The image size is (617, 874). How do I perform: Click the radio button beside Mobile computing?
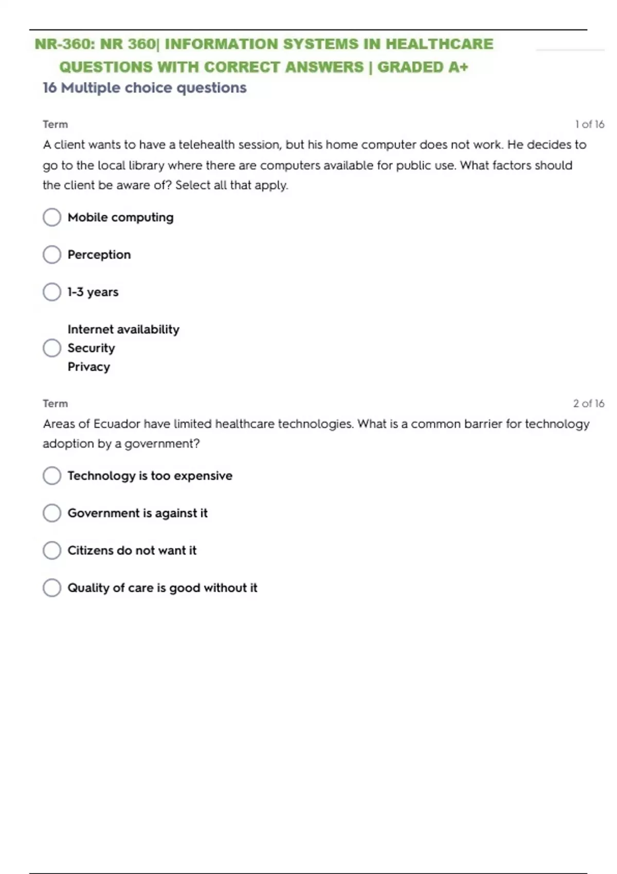point(52,217)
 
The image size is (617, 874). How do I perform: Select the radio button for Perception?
point(52,254)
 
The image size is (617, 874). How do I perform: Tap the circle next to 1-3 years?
point(52,292)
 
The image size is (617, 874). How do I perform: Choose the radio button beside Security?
point(52,348)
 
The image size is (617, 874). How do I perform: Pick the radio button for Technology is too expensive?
point(52,476)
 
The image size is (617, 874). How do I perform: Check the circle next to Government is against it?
point(52,513)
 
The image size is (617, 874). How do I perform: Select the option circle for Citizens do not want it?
point(52,550)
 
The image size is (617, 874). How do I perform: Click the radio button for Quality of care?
point(52,588)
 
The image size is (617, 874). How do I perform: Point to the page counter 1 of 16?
point(589,124)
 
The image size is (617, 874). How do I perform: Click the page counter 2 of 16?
point(589,404)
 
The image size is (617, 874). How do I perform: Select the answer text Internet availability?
point(123,330)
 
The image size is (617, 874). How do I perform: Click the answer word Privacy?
point(88,367)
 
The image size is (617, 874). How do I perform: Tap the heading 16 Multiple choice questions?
point(144,88)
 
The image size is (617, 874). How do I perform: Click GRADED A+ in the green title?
point(423,67)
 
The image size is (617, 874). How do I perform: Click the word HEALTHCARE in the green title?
point(439,44)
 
